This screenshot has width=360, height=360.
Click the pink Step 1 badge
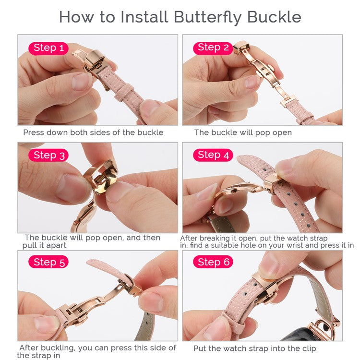pos(48,48)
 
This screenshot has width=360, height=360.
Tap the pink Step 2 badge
pos(213,48)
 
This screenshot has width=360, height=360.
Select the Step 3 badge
pos(48,156)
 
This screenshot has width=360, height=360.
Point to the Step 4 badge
pos(213,155)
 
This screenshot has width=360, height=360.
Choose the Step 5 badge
pos(48,262)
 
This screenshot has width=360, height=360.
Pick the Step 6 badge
pos(213,262)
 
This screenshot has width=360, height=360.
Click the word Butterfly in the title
pos(207,17)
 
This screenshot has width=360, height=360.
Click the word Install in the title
pos(144,17)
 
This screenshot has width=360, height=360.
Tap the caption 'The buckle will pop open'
pos(243,132)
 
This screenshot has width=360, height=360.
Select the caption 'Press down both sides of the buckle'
pos(93,132)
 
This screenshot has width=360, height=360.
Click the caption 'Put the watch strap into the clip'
pos(254,349)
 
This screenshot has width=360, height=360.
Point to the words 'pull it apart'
pos(44,245)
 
